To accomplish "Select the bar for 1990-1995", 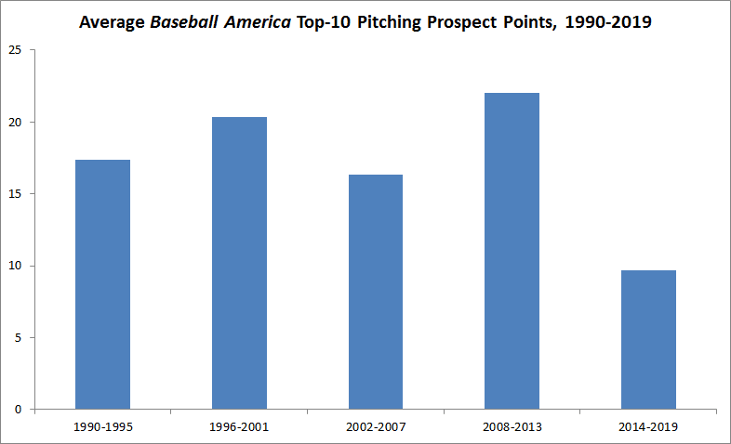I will [102, 284].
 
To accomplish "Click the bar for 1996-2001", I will [239, 263].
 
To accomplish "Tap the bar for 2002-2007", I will [375, 292].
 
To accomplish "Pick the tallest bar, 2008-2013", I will [512, 251].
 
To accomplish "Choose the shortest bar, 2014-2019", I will [648, 339].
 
